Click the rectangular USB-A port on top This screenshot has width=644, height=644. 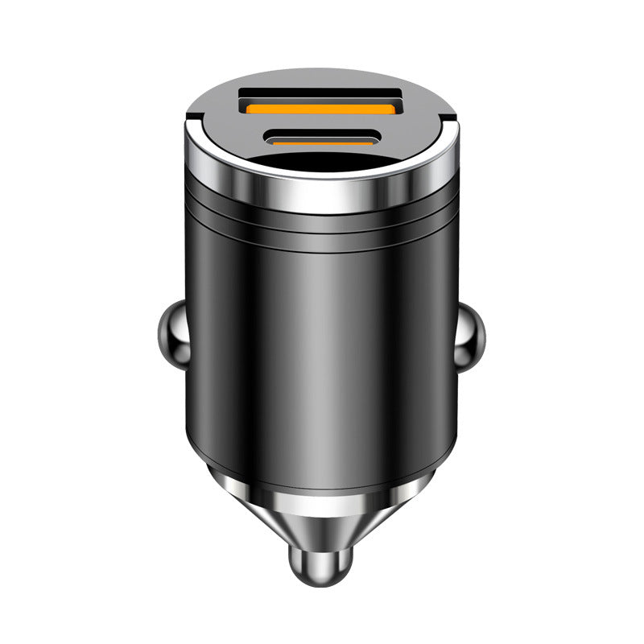pos(322,102)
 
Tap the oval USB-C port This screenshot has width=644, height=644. pos(322,138)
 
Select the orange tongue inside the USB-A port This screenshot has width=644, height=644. pos(322,108)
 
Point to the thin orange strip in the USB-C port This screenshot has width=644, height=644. pos(322,142)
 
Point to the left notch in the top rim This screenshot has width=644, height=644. pos(190,121)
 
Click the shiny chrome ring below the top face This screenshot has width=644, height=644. pos(322,193)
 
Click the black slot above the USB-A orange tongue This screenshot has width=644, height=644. pos(322,95)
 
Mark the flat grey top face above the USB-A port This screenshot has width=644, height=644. pos(322,78)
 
